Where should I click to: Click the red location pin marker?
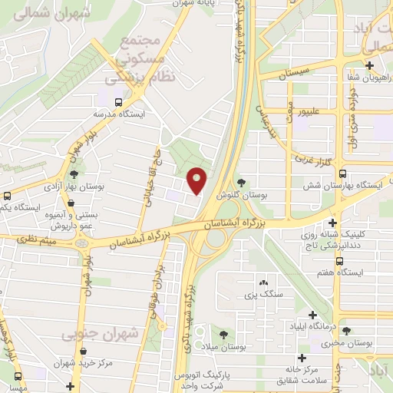tap(197, 182)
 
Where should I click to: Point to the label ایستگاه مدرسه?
tap(119, 113)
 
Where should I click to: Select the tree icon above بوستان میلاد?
tap(223, 335)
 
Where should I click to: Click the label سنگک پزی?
tap(263, 294)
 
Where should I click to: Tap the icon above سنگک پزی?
tap(263, 282)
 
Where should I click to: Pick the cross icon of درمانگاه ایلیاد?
tap(312, 314)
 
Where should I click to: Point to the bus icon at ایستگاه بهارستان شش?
tap(342, 173)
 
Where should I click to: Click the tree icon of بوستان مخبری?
tap(346, 331)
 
